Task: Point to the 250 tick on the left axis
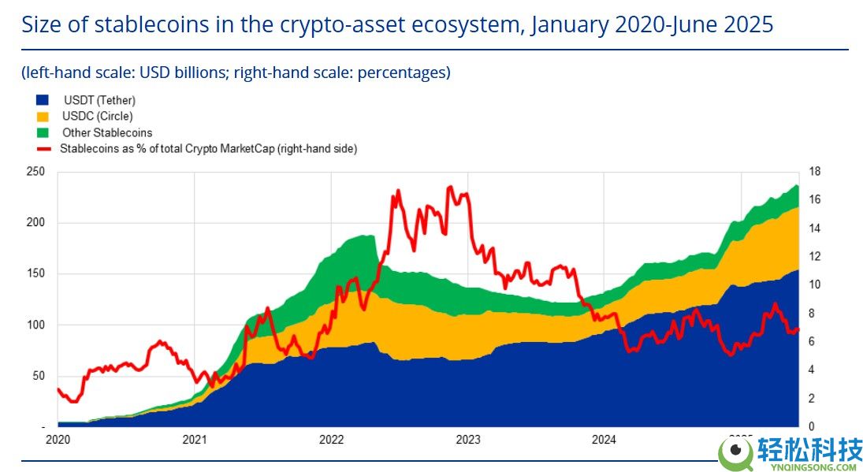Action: [36, 172]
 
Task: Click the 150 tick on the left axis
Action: [36, 274]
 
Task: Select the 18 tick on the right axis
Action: [814, 172]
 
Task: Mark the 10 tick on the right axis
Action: [814, 285]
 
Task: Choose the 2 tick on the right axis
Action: [812, 399]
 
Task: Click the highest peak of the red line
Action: [450, 187]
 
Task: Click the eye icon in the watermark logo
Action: [737, 451]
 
